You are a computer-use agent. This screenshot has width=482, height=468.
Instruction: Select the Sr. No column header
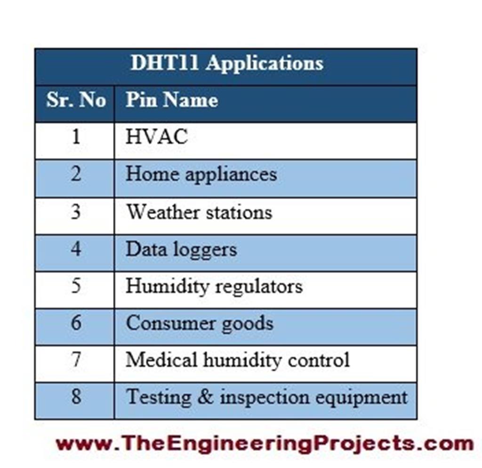[x=75, y=100]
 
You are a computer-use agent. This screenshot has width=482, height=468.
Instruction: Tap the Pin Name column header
[x=172, y=100]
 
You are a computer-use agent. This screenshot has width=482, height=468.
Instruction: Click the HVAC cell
[x=157, y=137]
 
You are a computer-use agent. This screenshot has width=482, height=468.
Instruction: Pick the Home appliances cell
[x=201, y=175]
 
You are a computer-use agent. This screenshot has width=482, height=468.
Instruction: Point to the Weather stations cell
[x=199, y=212]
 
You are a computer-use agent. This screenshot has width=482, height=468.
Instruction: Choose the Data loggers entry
[x=181, y=249]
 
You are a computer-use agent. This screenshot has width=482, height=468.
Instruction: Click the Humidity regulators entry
[x=214, y=286]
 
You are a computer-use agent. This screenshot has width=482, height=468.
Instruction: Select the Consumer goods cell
[x=200, y=324]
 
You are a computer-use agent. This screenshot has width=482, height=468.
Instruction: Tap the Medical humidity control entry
[x=237, y=360]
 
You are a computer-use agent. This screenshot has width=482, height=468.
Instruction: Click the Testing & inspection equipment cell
[x=266, y=397]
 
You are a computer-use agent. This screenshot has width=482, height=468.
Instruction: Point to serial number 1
[x=76, y=137]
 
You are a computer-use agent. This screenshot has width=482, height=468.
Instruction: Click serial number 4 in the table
[x=76, y=249]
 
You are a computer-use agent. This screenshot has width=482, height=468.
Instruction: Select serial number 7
[x=76, y=360]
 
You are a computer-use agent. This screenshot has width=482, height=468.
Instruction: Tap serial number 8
[x=76, y=397]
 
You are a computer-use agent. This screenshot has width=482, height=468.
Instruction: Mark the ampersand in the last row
[x=205, y=397]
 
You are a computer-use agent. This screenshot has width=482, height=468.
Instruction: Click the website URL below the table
[x=264, y=443]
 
